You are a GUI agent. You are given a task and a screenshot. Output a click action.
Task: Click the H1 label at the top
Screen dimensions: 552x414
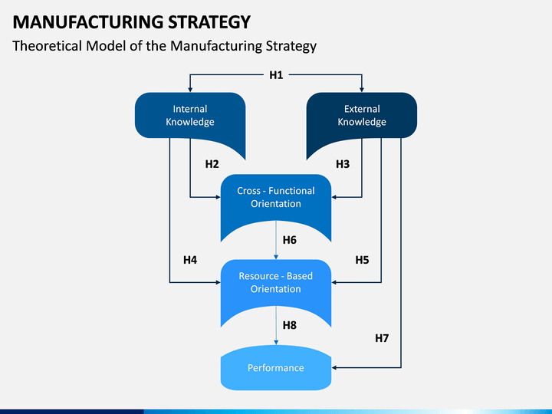pyautogui.click(x=276, y=75)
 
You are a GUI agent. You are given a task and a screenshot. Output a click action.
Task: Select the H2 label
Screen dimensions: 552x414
pyautogui.click(x=212, y=164)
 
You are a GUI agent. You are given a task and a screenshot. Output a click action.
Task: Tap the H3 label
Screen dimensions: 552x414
pyautogui.click(x=343, y=164)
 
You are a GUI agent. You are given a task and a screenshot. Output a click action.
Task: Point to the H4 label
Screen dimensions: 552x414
pyautogui.click(x=190, y=260)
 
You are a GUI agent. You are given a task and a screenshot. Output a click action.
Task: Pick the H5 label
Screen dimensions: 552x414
pyautogui.click(x=362, y=260)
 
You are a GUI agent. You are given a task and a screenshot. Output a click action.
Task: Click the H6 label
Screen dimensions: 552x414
pyautogui.click(x=289, y=240)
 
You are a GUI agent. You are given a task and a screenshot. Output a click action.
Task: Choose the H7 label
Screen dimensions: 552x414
pyautogui.click(x=382, y=338)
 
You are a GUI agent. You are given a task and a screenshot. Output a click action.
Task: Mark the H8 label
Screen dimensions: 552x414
pyautogui.click(x=289, y=325)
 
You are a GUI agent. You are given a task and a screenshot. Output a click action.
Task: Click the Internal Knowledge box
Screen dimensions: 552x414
pyautogui.click(x=190, y=116)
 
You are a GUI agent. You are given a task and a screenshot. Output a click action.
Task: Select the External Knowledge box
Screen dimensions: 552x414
pyautogui.click(x=362, y=116)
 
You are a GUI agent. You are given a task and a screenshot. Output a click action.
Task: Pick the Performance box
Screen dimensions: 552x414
pyautogui.click(x=276, y=368)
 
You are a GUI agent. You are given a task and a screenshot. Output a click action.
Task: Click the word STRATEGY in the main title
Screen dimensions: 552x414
pyautogui.click(x=209, y=21)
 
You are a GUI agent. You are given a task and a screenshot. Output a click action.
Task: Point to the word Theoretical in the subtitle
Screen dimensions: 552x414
pyautogui.click(x=48, y=46)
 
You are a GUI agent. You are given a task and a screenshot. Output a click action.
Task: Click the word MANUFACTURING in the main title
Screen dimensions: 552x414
pyautogui.click(x=87, y=21)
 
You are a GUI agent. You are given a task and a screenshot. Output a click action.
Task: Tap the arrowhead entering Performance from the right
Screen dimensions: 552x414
pyautogui.click(x=334, y=368)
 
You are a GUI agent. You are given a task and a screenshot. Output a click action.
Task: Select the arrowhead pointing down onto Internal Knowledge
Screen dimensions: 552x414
pyautogui.click(x=190, y=90)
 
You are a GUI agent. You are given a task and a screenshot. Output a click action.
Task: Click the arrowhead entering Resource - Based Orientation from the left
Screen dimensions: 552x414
pyautogui.click(x=218, y=282)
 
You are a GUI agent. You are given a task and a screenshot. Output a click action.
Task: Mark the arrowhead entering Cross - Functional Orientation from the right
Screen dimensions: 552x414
pyautogui.click(x=334, y=197)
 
